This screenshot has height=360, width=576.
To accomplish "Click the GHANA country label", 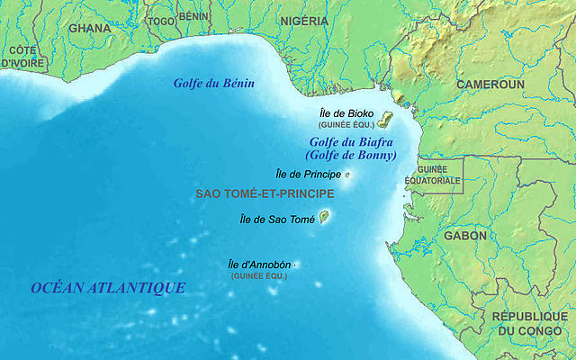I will pyautogui.click(x=90, y=27).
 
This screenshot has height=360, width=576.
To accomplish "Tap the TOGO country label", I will pyautogui.click(x=162, y=21).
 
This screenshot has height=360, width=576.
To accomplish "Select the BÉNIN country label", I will pyautogui.click(x=193, y=16).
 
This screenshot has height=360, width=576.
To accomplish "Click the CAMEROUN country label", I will pyautogui.click(x=490, y=84).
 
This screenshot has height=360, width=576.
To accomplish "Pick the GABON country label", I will pyautogui.click(x=464, y=236).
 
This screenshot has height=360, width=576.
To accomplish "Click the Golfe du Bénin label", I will pyautogui.click(x=214, y=84).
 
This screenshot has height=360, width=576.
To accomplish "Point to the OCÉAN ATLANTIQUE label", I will pyautogui.click(x=108, y=287).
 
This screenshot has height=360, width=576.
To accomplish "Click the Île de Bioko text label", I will pyautogui.click(x=346, y=113).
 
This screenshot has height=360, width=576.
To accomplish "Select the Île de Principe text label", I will pyautogui.click(x=306, y=174).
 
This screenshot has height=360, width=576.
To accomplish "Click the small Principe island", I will pyautogui.click(x=346, y=175).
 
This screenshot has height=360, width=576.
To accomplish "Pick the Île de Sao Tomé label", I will pyautogui.click(x=277, y=219).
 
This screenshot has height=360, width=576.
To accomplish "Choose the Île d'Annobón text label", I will pyautogui.click(x=259, y=265).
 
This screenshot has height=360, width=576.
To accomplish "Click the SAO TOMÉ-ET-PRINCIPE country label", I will pyautogui.click(x=265, y=193).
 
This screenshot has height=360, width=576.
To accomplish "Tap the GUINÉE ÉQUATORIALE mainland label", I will pyautogui.click(x=438, y=175).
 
